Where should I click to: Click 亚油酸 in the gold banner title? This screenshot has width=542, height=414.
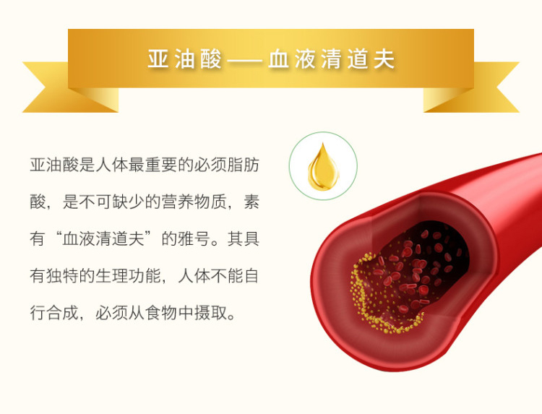184,59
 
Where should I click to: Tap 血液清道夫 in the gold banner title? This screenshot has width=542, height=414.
332,59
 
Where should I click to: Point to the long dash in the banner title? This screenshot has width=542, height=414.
245,60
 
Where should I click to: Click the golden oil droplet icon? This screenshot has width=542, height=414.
324,167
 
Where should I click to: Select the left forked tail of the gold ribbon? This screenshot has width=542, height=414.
62,88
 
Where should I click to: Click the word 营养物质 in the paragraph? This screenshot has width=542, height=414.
194,202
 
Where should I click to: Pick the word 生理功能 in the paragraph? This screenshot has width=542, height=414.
129,276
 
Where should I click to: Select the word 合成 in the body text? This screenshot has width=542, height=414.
63,313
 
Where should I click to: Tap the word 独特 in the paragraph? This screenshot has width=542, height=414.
63,276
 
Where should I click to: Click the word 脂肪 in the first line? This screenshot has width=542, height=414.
243,165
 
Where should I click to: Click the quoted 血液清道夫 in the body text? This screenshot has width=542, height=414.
103,239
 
